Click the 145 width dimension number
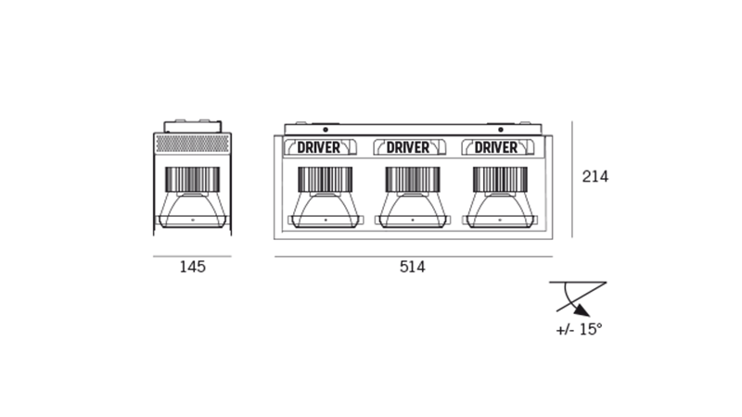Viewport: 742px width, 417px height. coord(192,267)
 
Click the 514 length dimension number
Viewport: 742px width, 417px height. coord(412,267)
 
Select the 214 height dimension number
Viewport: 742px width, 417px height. coord(594,175)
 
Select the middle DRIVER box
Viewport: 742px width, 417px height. coord(410,147)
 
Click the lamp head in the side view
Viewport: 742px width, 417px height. coord(191,196)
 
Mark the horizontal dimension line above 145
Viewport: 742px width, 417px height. coord(192,253)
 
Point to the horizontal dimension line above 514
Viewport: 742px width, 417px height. coord(413,253)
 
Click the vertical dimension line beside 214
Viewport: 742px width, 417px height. coord(572,176)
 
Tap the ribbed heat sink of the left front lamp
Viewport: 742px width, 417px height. coord(322,178)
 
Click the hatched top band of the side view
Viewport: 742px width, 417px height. coord(192,144)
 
